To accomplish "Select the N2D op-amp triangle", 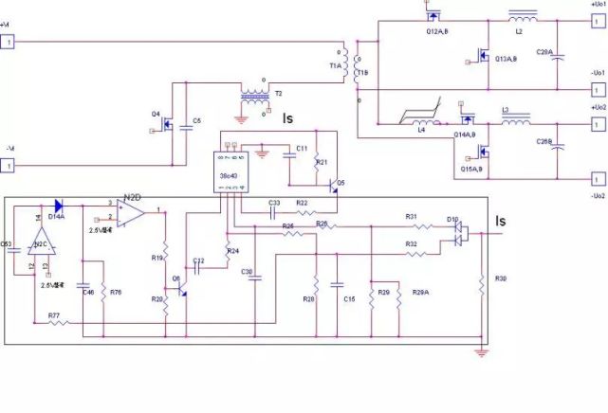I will click(x=131, y=215).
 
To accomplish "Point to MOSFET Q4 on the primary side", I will click(x=175, y=122).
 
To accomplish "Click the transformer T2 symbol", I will click(x=254, y=96).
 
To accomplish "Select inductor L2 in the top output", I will click(x=522, y=16).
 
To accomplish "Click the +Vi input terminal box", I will click(x=9, y=42).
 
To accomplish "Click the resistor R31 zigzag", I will click(x=411, y=227).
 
